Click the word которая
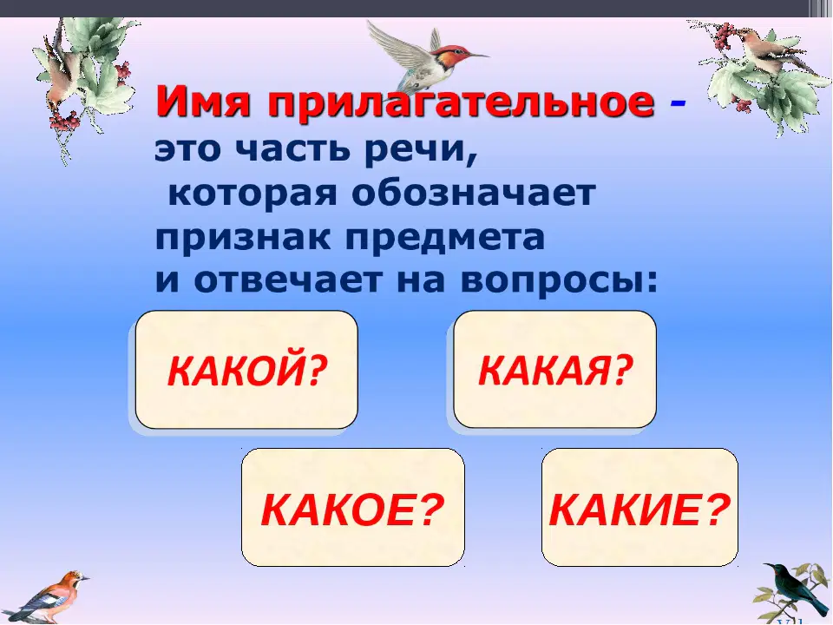pyautogui.click(x=253, y=193)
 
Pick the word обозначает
pyautogui.click(x=474, y=193)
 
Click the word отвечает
pyautogui.click(x=287, y=280)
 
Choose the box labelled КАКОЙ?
pyautogui.click(x=246, y=370)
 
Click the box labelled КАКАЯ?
pyautogui.click(x=555, y=370)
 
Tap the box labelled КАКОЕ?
pyautogui.click(x=353, y=507)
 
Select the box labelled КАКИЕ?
pyautogui.click(x=640, y=507)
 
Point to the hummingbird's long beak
pyautogui.click(x=477, y=56)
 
